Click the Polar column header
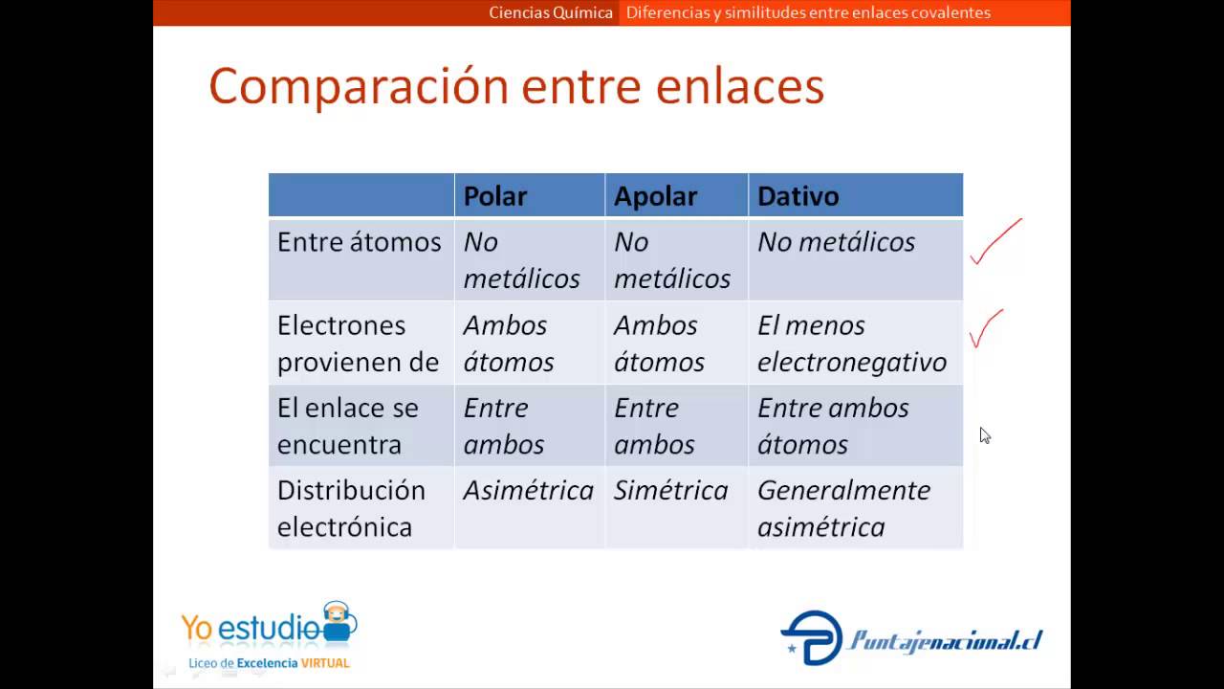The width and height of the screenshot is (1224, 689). pos(495,196)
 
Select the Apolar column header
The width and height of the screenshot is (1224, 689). pos(655,196)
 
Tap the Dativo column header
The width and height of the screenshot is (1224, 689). pos(798,196)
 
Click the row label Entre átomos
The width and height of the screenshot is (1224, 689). pos(359,242)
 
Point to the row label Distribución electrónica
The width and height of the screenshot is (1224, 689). pos(351,508)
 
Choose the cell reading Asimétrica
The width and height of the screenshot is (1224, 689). pos(528,491)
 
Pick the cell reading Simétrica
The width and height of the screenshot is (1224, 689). pos(670,491)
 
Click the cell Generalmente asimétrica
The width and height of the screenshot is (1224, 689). pos(843,508)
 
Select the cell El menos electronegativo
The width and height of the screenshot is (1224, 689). pos(851,344)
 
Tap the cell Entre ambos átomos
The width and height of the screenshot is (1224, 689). pos(832,426)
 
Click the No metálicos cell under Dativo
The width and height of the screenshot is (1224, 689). pos(836,242)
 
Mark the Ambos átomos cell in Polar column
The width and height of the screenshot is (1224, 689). pos(509,344)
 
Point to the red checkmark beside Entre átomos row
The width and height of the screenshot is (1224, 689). pos(994,243)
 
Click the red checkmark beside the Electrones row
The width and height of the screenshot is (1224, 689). pos(985,329)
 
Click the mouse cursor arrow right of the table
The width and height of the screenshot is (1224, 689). pos(985,435)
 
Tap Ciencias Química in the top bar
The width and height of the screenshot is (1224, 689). pos(551,13)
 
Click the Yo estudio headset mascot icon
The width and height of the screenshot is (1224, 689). pos(338,622)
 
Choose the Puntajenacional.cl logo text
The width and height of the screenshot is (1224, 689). pos(945,640)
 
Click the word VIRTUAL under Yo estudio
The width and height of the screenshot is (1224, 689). pos(325,663)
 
